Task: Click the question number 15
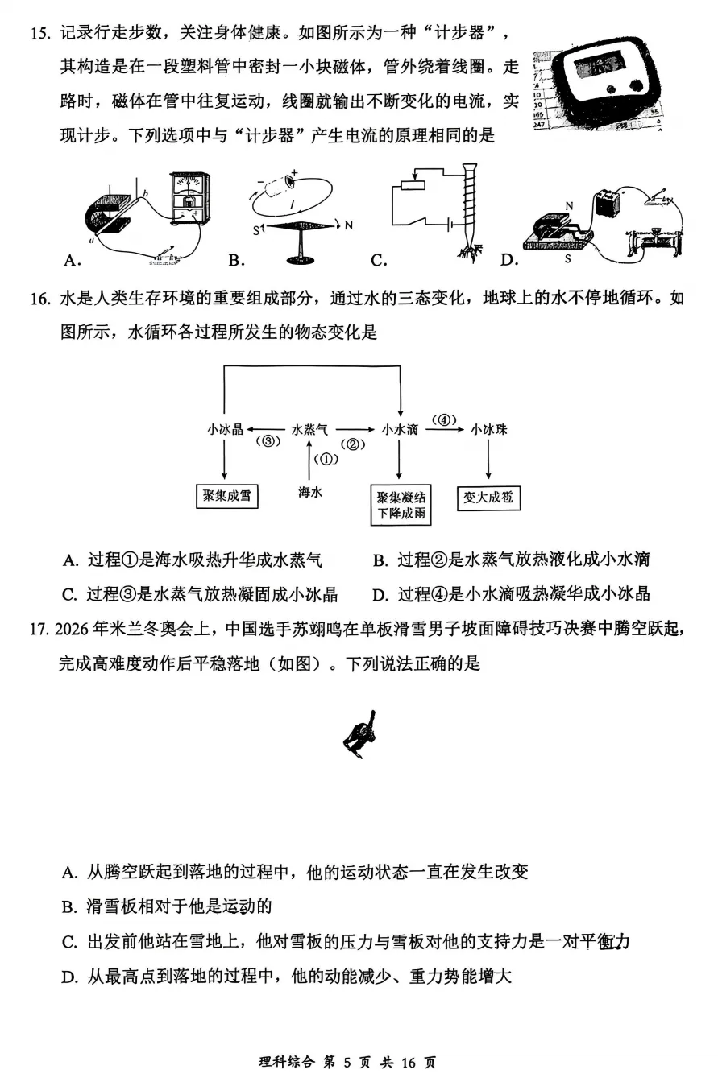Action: click(39, 34)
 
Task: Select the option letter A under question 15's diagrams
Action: click(70, 259)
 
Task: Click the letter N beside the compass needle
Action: click(348, 225)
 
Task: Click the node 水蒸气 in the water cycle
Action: click(309, 430)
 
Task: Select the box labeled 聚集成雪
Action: click(227, 496)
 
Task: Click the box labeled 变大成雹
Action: click(488, 498)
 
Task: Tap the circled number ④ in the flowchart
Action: click(444, 419)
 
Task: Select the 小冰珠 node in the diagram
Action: click(489, 430)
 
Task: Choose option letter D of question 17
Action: click(69, 977)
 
